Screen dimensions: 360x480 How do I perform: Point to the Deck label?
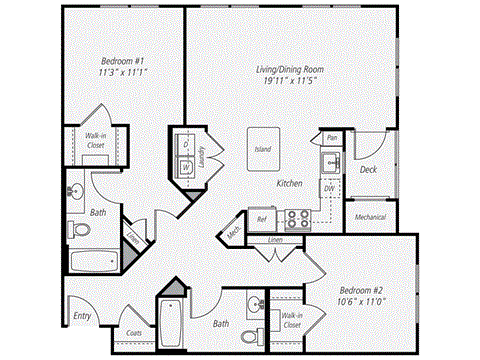coord(368,170)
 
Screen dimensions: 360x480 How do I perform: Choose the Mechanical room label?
coord(371,216)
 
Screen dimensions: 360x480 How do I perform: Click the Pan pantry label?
coord(332,137)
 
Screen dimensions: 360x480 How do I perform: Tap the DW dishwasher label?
coord(329,187)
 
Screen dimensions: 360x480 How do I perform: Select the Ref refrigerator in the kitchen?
coord(262,218)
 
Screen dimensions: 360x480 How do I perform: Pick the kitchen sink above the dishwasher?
coord(330,160)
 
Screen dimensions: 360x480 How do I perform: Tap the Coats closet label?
coord(132,333)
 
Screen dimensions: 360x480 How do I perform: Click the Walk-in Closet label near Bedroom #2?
coord(291,321)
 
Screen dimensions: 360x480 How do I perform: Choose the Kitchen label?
coord(290,184)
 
